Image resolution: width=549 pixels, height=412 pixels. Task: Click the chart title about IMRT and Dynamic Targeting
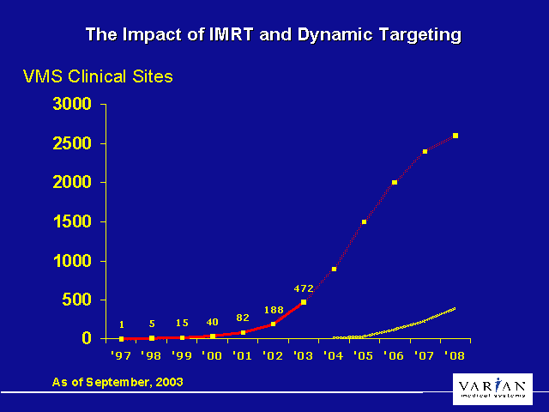[x=274, y=35]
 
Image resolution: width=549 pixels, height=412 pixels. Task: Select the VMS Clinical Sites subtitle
[x=98, y=76]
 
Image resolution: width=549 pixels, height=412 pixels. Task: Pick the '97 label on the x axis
[x=121, y=354]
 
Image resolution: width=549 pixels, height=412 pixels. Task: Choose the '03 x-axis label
[x=303, y=354]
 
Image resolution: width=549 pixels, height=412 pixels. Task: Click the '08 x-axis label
[x=455, y=354]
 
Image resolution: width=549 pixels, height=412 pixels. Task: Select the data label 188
[x=273, y=310]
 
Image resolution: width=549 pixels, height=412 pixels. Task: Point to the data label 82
[x=243, y=318]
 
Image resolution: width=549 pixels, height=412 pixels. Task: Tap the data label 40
[x=212, y=323]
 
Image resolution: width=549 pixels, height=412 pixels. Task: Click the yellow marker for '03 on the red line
[x=304, y=302]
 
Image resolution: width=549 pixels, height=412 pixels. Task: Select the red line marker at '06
[x=395, y=182]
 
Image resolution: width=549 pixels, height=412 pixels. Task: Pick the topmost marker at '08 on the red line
[x=455, y=136]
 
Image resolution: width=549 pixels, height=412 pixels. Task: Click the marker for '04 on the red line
[x=334, y=269]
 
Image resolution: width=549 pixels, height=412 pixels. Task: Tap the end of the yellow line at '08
[x=455, y=308]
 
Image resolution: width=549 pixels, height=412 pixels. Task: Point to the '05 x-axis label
[x=364, y=354]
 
